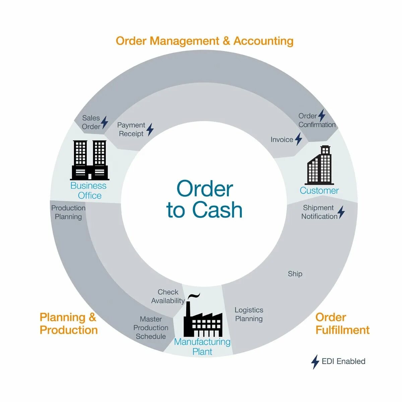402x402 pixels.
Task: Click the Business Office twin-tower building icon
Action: coord(90,160)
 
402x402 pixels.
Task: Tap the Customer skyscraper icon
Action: coord(320,165)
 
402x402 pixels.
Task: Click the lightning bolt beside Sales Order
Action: coord(105,123)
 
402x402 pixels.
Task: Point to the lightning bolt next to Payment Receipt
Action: coord(150,129)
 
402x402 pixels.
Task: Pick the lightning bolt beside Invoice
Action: coord(298,139)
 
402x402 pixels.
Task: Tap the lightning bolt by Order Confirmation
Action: coord(322,116)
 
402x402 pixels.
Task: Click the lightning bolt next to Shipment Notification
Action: coord(341,212)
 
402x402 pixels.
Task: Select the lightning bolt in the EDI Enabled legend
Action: coord(315,362)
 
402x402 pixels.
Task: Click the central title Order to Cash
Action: coord(204,199)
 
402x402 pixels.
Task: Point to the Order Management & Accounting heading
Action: coord(205,41)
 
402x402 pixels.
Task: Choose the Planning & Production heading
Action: coord(68,324)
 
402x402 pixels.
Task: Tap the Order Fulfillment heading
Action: coord(342,324)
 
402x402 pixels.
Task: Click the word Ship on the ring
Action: coord(295,274)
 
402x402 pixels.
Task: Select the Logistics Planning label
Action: coord(249,314)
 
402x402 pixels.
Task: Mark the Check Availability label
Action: coord(168,296)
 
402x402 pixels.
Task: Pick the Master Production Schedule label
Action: coord(151,328)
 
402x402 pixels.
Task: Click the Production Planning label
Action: coord(68,212)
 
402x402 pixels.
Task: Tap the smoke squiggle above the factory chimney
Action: coord(194,296)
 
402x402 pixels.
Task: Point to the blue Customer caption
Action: coord(319,191)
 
